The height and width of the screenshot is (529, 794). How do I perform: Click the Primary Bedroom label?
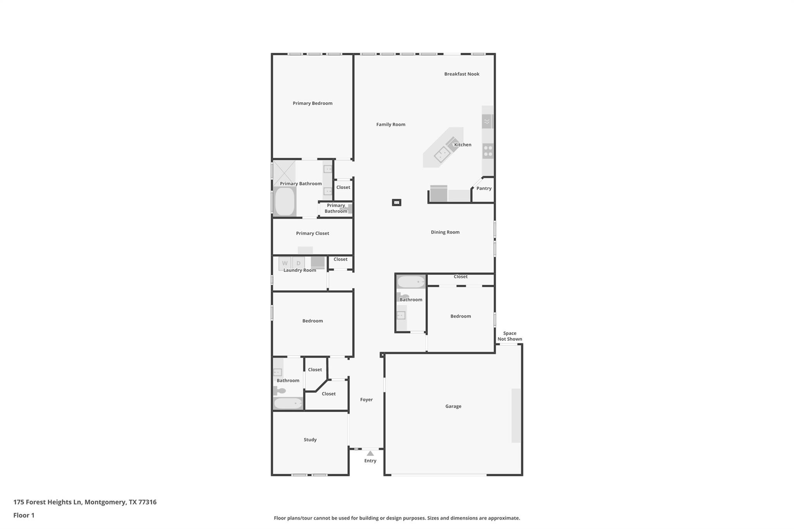(x=312, y=103)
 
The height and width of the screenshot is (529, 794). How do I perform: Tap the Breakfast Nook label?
(x=462, y=74)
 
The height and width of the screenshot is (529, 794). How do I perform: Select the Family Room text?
(x=391, y=124)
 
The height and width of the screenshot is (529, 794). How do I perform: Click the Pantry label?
(x=484, y=188)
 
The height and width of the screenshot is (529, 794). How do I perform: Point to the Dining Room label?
(x=445, y=232)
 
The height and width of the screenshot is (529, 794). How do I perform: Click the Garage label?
(x=453, y=406)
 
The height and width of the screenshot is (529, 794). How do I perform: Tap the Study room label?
(x=310, y=439)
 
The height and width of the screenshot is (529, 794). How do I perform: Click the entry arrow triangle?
(x=370, y=453)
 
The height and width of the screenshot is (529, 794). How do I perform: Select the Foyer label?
(x=366, y=400)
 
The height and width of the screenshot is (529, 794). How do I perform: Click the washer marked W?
(x=285, y=263)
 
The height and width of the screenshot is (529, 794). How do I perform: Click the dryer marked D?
(x=299, y=263)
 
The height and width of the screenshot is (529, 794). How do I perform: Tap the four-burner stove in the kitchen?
(x=488, y=151)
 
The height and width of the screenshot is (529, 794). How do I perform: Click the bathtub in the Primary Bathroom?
(x=285, y=201)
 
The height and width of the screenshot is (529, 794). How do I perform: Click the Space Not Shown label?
(x=510, y=336)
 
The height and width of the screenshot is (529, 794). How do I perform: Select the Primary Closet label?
(x=312, y=233)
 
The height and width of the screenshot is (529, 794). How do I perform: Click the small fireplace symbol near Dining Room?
(x=396, y=202)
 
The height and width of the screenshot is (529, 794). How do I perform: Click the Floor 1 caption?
(x=24, y=515)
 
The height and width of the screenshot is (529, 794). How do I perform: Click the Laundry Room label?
(x=300, y=270)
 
